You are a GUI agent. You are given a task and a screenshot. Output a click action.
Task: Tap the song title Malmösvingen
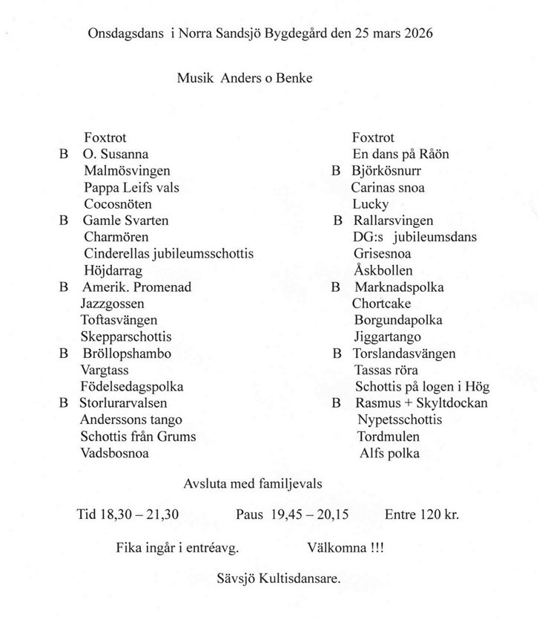coord(127,171)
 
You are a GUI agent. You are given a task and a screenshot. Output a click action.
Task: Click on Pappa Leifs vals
coord(131,188)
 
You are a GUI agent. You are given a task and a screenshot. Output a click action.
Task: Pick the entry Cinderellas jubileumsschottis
coord(168,254)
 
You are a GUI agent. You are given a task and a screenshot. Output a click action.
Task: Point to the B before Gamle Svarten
coord(63,221)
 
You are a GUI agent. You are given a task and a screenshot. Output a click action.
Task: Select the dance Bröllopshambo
coord(127,353)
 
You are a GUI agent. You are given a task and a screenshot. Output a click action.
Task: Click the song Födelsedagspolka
coord(132,387)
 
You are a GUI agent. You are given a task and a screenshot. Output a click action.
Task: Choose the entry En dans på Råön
coord(400,154)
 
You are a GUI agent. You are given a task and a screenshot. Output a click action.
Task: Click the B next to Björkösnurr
coord(336,171)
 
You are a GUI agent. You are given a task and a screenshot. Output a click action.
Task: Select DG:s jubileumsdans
coord(415,238)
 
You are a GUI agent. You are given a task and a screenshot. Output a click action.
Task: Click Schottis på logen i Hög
coord(422,387)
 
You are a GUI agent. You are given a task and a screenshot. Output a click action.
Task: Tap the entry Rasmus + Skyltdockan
coord(421,403)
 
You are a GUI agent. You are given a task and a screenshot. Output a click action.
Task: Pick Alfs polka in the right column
coord(389,453)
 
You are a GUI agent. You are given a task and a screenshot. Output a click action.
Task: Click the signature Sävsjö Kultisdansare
coord(280,578)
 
